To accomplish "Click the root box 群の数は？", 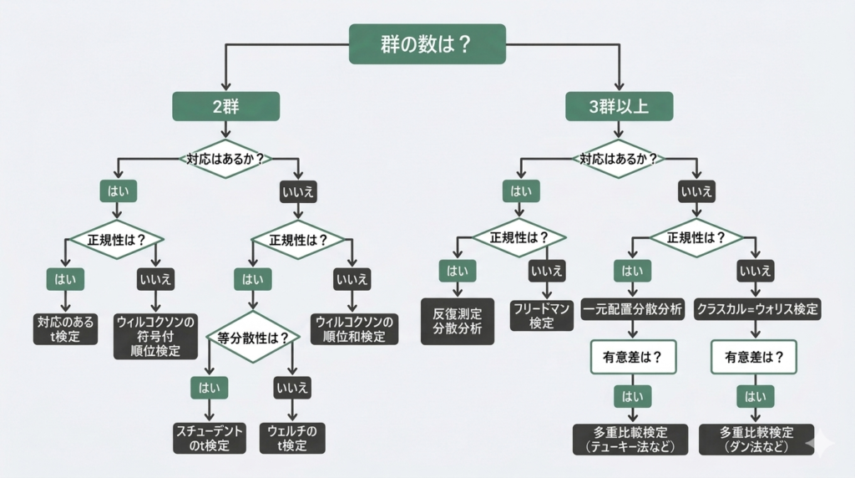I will pos(427,43).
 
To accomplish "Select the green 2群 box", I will pos(225,106).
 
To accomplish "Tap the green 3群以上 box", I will pos(619,106).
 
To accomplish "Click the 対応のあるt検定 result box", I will pos(66,328).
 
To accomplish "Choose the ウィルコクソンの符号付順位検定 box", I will pos(155,335).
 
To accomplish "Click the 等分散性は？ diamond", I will pos(253,338).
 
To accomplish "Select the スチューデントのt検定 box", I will pos(210,438).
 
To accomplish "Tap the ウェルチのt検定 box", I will pos(292,438).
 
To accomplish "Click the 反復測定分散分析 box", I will pos(458,320).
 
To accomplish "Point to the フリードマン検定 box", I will pos(541,315).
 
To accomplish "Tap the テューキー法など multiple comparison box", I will pos(630,439).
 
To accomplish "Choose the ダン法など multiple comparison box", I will pos(756,439).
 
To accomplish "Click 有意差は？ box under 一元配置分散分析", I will pos(632,356).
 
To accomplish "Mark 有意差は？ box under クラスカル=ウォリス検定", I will pos(754,356).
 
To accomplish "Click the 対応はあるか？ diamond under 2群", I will pos(225,158).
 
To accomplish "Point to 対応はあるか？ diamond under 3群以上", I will pos(619,158).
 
